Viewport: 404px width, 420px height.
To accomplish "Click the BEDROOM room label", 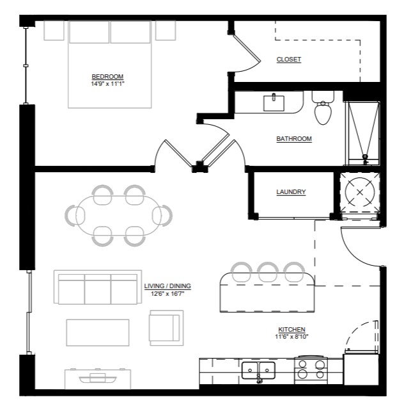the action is tap(107, 77).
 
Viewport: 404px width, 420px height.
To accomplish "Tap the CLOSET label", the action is tap(289, 59).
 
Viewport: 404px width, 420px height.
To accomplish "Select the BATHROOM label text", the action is tap(294, 139).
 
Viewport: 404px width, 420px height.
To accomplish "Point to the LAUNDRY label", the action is tap(291, 192).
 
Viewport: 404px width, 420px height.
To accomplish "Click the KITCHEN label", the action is tap(291, 330).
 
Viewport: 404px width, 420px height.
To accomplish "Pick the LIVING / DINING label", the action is tap(167, 286).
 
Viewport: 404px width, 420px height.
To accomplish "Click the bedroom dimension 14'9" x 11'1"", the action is tap(108, 84).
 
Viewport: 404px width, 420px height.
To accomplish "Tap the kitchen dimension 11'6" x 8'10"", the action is tap(291, 337).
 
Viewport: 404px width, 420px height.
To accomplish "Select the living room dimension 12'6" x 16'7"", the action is tap(167, 294).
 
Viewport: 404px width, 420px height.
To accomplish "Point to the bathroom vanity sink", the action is tap(274, 102).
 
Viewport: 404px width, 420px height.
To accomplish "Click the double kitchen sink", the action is tap(258, 371).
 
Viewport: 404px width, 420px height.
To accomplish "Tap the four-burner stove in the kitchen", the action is tap(311, 369).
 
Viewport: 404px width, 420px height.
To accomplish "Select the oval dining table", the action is tap(118, 215).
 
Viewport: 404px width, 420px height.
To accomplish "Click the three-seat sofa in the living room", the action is tap(98, 287).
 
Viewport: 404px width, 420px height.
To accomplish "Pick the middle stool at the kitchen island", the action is tap(268, 272).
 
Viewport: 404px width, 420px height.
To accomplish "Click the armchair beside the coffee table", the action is tap(166, 328).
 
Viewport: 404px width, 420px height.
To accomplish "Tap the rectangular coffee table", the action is tap(98, 332).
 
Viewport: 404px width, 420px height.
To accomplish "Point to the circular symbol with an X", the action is tap(360, 192).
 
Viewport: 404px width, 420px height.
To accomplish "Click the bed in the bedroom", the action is tap(109, 64).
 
